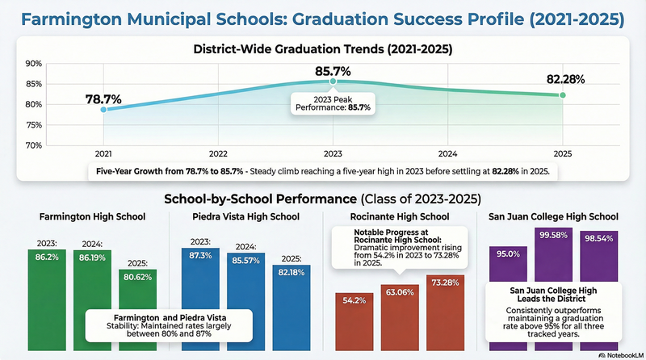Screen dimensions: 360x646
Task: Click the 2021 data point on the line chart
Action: tap(103, 109)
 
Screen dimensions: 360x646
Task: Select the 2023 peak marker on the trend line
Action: tap(333, 82)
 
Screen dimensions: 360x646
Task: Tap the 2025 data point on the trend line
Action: tap(563, 95)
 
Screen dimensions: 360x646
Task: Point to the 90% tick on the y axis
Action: tap(33, 63)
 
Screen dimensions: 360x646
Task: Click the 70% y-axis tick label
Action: tap(33, 145)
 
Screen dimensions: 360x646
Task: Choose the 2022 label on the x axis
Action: tap(218, 153)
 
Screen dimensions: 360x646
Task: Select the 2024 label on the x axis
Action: tap(448, 153)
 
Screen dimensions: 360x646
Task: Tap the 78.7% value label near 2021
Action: tap(103, 98)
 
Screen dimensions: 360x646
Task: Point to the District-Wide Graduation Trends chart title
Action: tap(323, 48)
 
